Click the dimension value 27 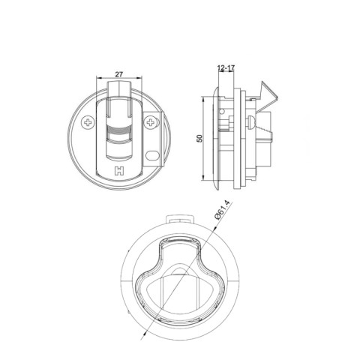(119, 74)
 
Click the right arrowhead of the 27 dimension (140, 80)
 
